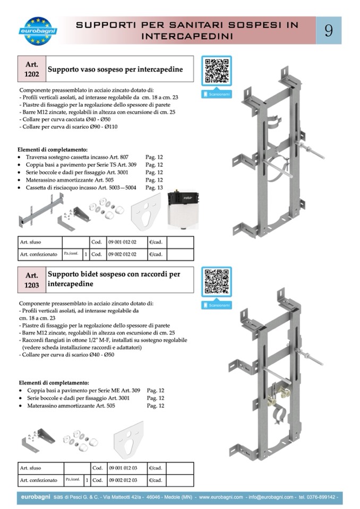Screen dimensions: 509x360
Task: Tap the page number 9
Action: [x=329, y=31]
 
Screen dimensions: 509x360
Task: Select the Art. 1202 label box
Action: [x=32, y=69]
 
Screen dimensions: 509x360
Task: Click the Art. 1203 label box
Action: [x=32, y=280]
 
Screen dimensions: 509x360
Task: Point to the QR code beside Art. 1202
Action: [x=217, y=70]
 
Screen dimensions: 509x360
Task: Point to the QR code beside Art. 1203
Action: [x=217, y=281]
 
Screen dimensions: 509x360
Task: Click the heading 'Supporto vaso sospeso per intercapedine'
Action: [x=115, y=70]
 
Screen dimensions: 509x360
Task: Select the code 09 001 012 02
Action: [x=122, y=241]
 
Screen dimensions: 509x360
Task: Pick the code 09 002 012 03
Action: [x=122, y=480]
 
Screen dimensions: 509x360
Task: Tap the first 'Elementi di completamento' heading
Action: [x=53, y=150]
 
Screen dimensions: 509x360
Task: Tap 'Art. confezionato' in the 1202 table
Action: [x=38, y=254]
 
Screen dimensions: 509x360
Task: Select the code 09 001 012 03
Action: [x=122, y=468]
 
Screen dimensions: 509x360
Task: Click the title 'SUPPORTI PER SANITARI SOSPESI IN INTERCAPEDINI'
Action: [x=188, y=31]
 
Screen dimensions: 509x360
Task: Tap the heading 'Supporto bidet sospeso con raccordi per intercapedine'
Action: [x=114, y=279]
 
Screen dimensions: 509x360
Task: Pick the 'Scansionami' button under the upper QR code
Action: [x=217, y=94]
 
